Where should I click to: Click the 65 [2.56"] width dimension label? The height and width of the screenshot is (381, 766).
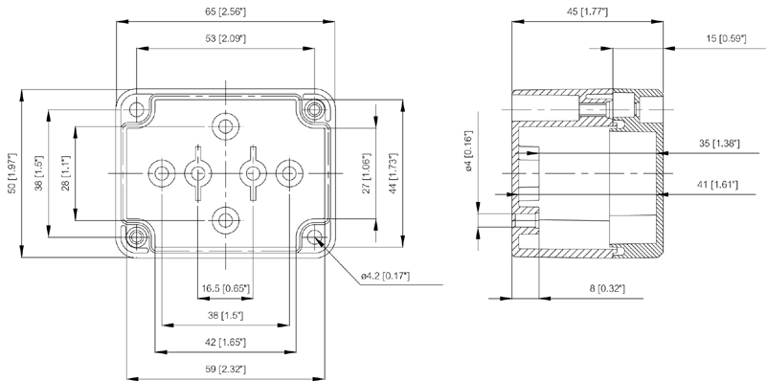coord(225,11)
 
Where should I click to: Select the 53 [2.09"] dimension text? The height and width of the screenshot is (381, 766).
coord(225,38)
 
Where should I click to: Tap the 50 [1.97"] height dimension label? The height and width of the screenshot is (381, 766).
coord(13,173)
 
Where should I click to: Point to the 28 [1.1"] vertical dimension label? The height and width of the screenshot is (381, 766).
coord(66,173)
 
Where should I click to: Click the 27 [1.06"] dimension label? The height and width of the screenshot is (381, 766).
coord(367,173)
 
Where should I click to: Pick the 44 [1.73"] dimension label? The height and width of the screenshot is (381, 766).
coord(394,173)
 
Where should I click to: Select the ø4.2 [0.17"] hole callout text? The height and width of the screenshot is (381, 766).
coord(385,276)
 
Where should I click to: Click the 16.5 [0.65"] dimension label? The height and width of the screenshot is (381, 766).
coord(225,289)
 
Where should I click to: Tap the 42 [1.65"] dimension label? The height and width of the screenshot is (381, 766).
coord(225,343)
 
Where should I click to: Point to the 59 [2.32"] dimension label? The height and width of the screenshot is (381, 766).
coord(225,369)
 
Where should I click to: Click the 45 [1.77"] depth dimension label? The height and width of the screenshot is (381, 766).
coord(587,11)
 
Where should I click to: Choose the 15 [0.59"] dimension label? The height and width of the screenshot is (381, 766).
coord(726,38)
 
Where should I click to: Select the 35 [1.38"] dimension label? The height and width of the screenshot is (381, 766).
coord(719,144)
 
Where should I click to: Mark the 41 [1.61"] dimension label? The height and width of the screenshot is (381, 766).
coord(717,184)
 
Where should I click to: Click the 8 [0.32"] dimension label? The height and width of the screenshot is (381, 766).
coord(607,289)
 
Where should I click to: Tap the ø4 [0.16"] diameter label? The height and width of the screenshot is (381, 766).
coord(468,151)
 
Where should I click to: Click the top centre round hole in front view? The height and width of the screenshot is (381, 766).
coord(225,126)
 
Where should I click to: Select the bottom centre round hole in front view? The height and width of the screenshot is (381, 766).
coord(225,220)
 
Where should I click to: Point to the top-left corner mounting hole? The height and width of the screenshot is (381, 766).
coord(137,109)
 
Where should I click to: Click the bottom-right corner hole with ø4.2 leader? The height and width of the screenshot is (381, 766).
coord(315,237)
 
